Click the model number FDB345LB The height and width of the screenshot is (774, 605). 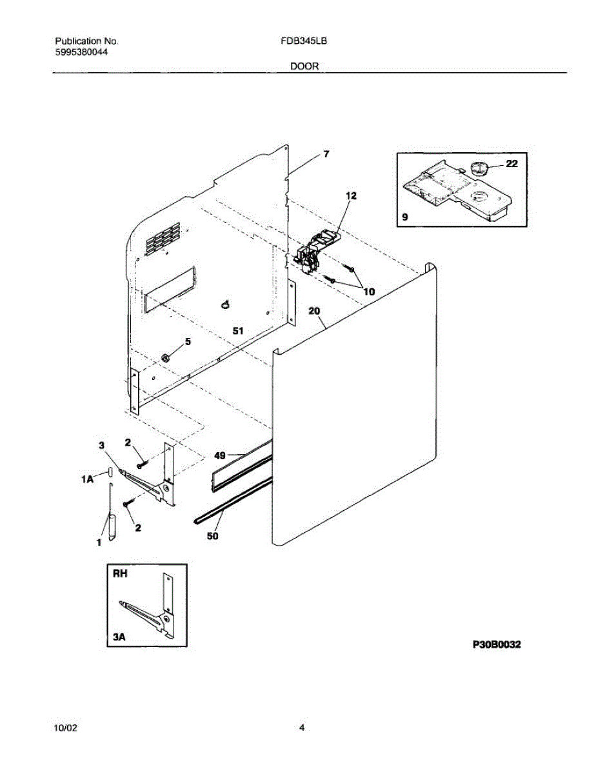[x=303, y=40]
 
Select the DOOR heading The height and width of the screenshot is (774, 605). [x=304, y=66]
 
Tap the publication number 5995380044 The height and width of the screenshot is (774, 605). [x=81, y=52]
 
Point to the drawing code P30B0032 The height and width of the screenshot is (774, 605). [x=497, y=644]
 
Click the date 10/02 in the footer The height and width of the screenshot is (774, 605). [x=66, y=728]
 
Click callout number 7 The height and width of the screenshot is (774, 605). [x=326, y=154]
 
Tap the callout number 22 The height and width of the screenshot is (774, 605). [x=511, y=164]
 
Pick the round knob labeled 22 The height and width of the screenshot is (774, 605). [x=478, y=169]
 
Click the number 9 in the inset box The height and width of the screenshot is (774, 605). [x=404, y=218]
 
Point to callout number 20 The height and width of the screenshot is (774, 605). [x=314, y=311]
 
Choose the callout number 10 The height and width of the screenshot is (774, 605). [x=369, y=292]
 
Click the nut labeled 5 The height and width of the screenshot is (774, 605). [x=164, y=357]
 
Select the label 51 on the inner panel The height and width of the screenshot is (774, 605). [x=238, y=330]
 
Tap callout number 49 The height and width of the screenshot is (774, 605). [x=220, y=455]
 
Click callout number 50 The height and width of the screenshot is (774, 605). [x=213, y=535]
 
